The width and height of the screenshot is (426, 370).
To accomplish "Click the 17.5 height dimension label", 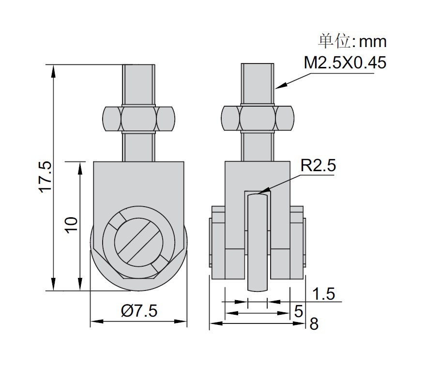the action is [x=46, y=177].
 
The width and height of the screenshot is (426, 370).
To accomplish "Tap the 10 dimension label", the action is [x=72, y=225].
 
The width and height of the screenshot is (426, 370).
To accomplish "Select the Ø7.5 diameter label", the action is [x=139, y=310].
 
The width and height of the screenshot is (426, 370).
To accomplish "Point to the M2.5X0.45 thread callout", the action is [x=345, y=63].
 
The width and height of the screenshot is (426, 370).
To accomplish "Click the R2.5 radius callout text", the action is [x=318, y=165].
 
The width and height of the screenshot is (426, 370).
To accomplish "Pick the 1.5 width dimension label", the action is [x=323, y=294].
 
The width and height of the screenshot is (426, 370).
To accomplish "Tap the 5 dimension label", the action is [x=299, y=311].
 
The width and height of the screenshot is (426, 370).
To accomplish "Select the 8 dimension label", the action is [x=314, y=324].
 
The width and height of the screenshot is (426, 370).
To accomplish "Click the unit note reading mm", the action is [x=372, y=42].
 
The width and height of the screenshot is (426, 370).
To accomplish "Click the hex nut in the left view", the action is [x=138, y=119].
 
